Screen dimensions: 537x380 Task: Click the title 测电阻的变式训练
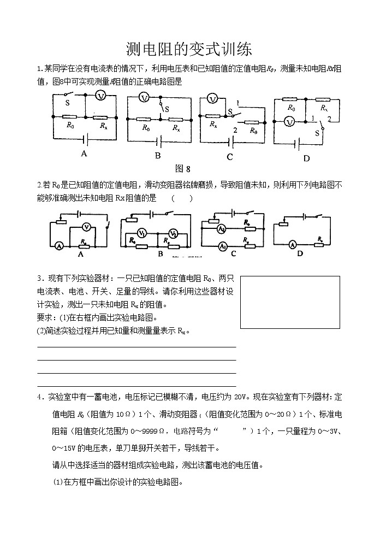189,50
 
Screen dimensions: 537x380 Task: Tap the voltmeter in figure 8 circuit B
144,97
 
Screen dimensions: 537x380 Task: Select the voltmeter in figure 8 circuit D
290,122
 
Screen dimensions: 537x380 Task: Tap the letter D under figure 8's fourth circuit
306,158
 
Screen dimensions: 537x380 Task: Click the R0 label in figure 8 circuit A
70,126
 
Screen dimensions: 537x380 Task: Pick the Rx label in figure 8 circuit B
176,128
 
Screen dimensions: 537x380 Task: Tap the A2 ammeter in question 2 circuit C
222,228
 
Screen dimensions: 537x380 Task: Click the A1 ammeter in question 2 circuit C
222,247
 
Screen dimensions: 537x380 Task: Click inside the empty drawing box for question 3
290,302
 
